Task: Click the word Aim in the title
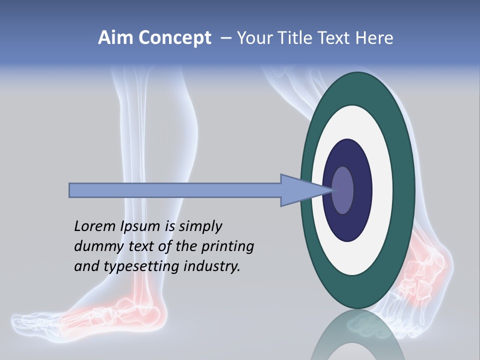(115, 38)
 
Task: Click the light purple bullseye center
(343, 190)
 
